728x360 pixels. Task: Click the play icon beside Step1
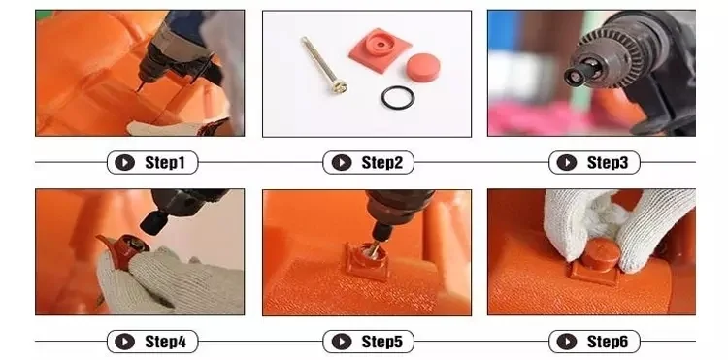[124, 162]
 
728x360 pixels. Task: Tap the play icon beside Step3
[567, 162]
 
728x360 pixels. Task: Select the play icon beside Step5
[342, 342]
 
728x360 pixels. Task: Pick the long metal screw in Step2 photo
[324, 65]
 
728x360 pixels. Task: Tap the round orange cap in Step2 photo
[422, 68]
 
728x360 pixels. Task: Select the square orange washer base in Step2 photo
[380, 50]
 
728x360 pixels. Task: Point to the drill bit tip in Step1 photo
[137, 90]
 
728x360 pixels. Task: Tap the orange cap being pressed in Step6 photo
[601, 254]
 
